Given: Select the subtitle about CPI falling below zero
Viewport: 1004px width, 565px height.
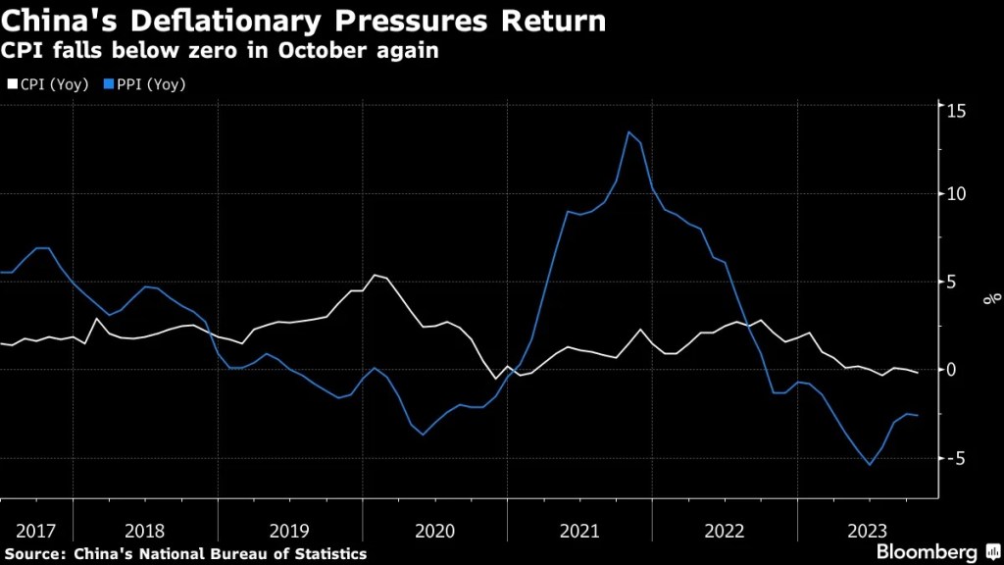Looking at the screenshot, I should click(222, 51).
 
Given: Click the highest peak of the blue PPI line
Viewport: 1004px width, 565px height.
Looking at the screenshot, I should click(628, 132).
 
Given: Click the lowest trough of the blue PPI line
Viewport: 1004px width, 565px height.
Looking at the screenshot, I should click(869, 465).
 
